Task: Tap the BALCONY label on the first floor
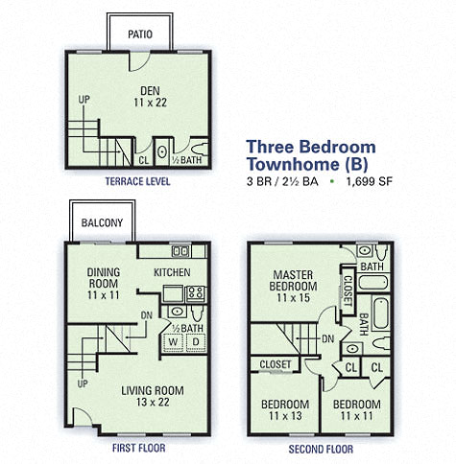point(102,223)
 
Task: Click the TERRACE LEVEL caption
point(137,181)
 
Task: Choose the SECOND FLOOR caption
point(320,447)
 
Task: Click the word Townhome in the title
point(287,164)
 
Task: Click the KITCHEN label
point(173,272)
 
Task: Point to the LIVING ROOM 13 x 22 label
point(152,395)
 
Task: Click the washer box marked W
point(174,340)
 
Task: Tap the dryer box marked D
point(195,340)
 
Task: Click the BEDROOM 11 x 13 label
point(285,409)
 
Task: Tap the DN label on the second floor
point(327,338)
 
